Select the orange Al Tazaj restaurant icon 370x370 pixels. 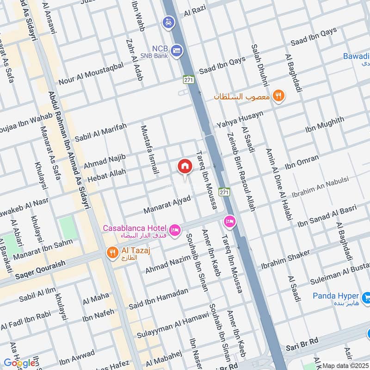[x=111, y=253]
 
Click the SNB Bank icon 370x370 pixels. [x=176, y=50]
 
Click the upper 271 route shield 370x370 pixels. [x=188, y=80]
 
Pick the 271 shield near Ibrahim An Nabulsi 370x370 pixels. [x=225, y=191]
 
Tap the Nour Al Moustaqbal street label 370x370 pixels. [x=91, y=72]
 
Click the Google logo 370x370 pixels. [x=19, y=363]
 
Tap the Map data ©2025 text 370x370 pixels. [x=345, y=366]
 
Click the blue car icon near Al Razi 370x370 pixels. [x=167, y=22]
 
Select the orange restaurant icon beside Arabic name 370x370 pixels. [x=278, y=96]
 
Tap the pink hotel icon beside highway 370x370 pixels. [x=229, y=222]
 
